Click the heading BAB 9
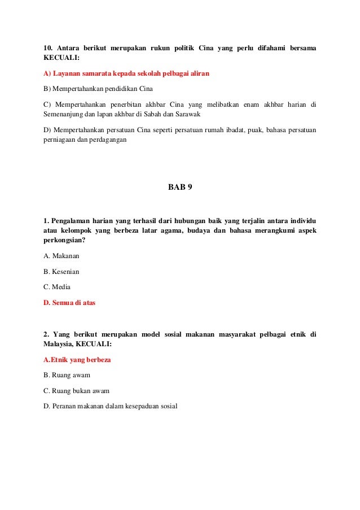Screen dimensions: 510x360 [x=180, y=187]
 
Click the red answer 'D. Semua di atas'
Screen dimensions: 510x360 [x=69, y=303]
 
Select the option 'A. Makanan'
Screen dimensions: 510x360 [x=62, y=256]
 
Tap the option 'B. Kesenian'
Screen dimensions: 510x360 [x=62, y=272]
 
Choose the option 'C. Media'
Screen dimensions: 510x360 [x=57, y=287]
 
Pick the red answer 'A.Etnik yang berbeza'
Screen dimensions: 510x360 [x=77, y=359]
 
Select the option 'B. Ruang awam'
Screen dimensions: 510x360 [x=67, y=374]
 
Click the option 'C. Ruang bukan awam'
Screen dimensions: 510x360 [x=76, y=390]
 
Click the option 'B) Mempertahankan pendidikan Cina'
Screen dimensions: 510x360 [x=98, y=89]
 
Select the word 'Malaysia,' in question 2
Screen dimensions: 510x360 [x=58, y=343]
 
